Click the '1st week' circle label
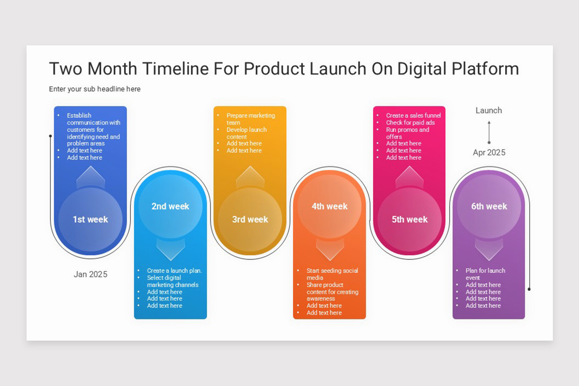pyautogui.click(x=90, y=220)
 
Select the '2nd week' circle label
pyautogui.click(x=170, y=207)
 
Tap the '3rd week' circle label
pyautogui.click(x=250, y=220)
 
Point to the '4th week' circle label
pyautogui.click(x=330, y=207)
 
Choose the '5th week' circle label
pyautogui.click(x=410, y=220)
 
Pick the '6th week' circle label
pyautogui.click(x=489, y=207)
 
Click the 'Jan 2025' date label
pyautogui.click(x=90, y=275)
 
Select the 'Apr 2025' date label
pyautogui.click(x=489, y=152)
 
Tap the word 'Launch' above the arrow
pyautogui.click(x=489, y=110)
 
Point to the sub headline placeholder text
pyautogui.click(x=95, y=89)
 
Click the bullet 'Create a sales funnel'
pyautogui.click(x=413, y=116)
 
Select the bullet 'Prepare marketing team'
pyautogui.click(x=250, y=119)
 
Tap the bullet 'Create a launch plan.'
pyautogui.click(x=174, y=271)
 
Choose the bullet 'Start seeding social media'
pyautogui.click(x=332, y=274)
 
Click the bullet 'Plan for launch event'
pyautogui.click(x=485, y=274)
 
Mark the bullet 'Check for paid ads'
pyautogui.click(x=410, y=123)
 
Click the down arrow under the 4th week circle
pyautogui.click(x=330, y=248)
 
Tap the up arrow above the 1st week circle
pyautogui.click(x=90, y=177)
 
